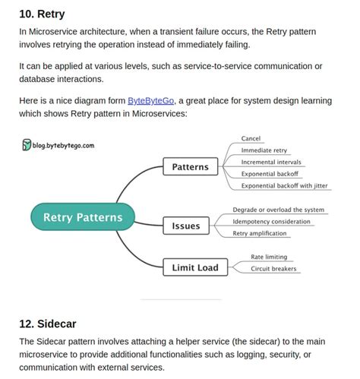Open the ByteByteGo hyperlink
[151, 101]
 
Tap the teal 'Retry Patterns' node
[83, 217]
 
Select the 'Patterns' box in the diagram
[191, 166]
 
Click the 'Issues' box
[186, 225]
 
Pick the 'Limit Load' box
[194, 267]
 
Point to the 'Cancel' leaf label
[251, 138]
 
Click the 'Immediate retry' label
[264, 150]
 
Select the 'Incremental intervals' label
[270, 162]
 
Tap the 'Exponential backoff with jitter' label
[284, 185]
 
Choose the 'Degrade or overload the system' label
[278, 210]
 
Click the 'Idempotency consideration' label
[271, 221]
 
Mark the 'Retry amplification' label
[260, 233]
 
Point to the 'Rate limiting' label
[269, 257]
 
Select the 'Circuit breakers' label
[273, 268]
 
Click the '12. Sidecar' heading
[48, 324]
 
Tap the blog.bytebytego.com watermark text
[68, 144]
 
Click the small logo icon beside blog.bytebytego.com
[27, 144]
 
